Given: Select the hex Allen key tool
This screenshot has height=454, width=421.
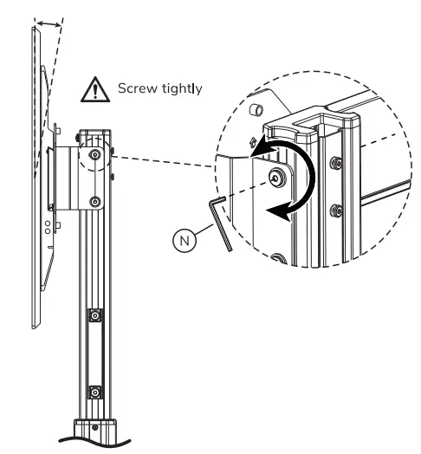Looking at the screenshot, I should (221, 221).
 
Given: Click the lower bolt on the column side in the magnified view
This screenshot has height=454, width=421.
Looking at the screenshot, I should (334, 209).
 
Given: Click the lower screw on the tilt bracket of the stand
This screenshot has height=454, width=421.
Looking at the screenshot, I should (94, 203).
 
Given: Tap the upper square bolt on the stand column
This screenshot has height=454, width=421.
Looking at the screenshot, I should (95, 315).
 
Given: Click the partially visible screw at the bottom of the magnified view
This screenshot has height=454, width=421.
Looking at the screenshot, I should (280, 258).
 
